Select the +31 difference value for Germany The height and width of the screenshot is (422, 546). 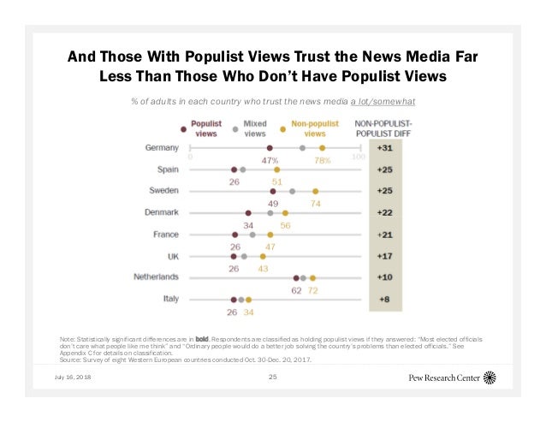click(x=385, y=148)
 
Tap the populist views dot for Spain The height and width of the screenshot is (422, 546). click(x=234, y=169)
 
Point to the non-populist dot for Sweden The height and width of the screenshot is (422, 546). click(x=316, y=192)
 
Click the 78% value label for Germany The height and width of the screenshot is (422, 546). click(x=323, y=160)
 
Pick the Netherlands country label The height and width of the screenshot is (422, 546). click(x=156, y=277)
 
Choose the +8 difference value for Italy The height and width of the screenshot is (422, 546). click(x=385, y=300)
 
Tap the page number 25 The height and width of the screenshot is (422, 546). click(x=273, y=377)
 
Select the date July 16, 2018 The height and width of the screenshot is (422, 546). click(x=74, y=377)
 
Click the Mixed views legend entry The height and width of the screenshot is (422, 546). click(x=254, y=128)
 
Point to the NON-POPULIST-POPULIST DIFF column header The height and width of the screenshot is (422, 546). click(x=385, y=128)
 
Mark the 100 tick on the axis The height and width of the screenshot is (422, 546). click(x=359, y=158)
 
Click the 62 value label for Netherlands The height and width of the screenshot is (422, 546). click(x=295, y=290)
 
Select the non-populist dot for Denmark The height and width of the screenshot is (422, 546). click(x=285, y=213)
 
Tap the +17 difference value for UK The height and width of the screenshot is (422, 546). click(x=385, y=256)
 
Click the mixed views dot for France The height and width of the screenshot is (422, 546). click(x=252, y=235)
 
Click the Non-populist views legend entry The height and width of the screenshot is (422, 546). click(x=306, y=128)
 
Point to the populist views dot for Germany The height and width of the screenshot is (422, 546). click(x=270, y=148)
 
